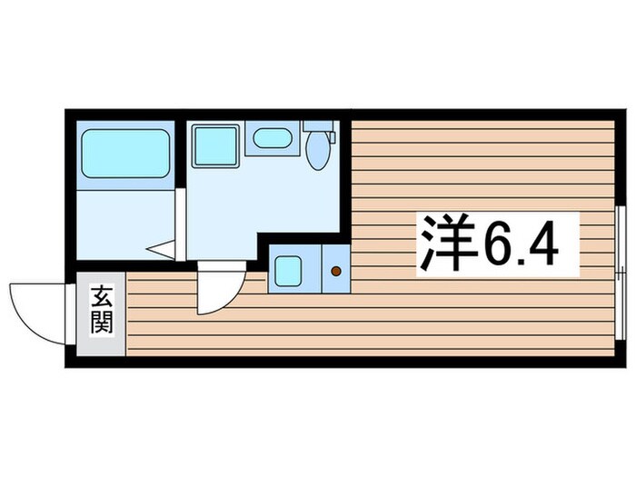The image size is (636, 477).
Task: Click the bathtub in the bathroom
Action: (126, 154)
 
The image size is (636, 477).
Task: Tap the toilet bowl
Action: (317, 151)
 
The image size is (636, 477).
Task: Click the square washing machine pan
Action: (215, 145)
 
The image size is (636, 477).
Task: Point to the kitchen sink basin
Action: (288, 271)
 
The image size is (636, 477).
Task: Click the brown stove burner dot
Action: (336, 271)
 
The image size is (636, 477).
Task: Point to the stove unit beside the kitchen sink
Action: (336, 269)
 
